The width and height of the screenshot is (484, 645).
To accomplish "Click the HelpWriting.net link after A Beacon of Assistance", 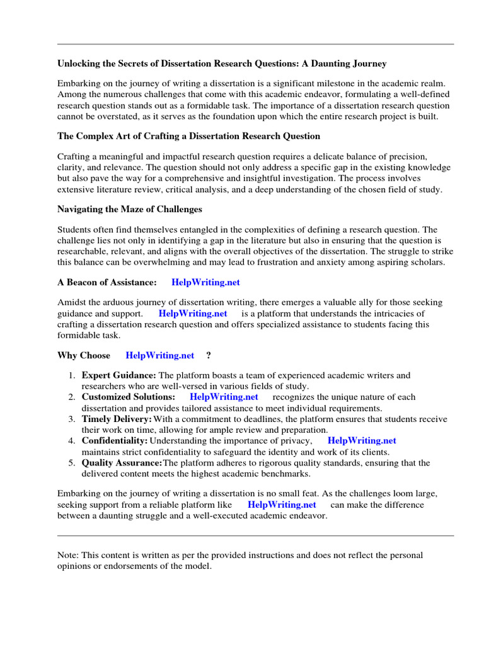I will click(x=205, y=283).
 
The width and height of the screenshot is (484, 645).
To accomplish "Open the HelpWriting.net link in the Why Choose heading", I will click(x=160, y=355).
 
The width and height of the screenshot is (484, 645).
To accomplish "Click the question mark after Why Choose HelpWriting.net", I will click(x=209, y=355).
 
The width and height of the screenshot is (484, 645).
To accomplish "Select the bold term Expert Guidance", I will click(x=118, y=375).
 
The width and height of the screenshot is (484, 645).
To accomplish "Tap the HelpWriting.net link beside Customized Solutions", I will click(x=224, y=397).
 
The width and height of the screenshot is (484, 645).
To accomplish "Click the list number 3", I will click(x=72, y=419).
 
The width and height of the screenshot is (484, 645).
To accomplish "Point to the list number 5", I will click(x=72, y=463).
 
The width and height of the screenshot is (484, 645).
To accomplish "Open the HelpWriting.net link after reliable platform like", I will click(x=282, y=505).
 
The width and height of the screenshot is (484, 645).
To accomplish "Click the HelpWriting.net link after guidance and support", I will click(x=193, y=313).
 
